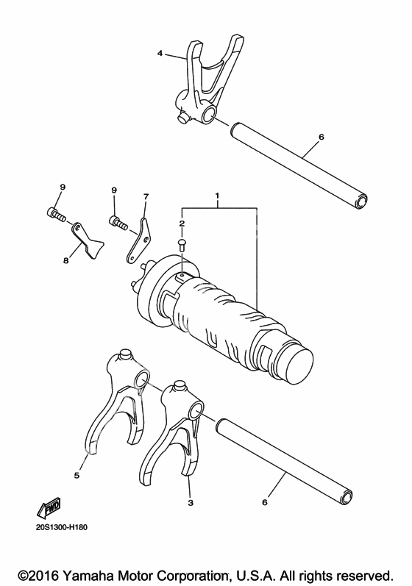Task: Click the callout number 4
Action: pyautogui.click(x=160, y=54)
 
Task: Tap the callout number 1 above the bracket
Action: pyautogui.click(x=217, y=196)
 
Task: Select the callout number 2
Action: pyautogui.click(x=182, y=224)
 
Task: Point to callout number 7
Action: pyautogui.click(x=146, y=196)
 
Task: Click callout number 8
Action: pyautogui.click(x=65, y=261)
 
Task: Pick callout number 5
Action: pyautogui.click(x=77, y=475)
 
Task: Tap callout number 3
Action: pyautogui.click(x=191, y=503)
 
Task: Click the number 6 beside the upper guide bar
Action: pyautogui.click(x=322, y=137)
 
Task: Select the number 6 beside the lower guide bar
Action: pyautogui.click(x=265, y=503)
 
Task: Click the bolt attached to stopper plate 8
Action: pyautogui.click(x=57, y=215)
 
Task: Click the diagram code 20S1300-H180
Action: pyautogui.click(x=62, y=528)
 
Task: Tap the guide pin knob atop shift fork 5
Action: pyautogui.click(x=124, y=354)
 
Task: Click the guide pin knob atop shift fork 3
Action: pyautogui.click(x=178, y=386)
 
